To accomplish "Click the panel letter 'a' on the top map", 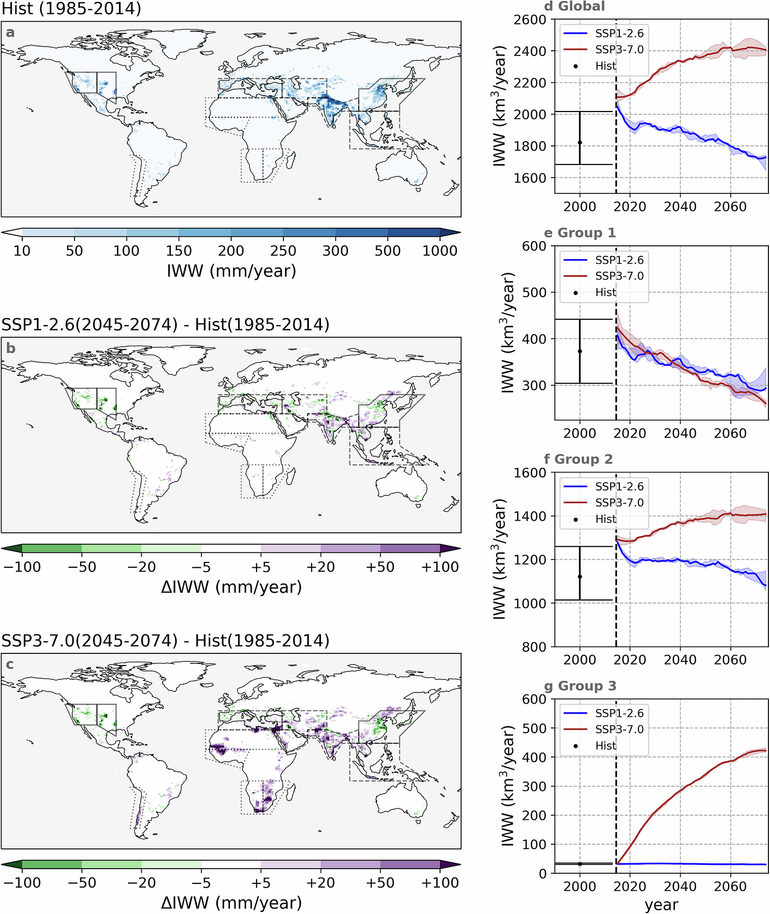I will tap(10, 33).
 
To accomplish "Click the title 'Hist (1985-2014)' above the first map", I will tap(71, 8).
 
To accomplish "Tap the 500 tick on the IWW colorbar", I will tap(387, 250).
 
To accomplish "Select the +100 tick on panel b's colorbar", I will tap(439, 567).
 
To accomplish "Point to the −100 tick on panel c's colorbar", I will tap(22, 882).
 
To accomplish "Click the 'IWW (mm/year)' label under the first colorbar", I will tap(231, 271).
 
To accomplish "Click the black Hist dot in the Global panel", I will tap(580, 142).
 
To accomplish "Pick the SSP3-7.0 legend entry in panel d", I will tap(619, 50).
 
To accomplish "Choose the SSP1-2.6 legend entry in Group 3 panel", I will tap(619, 713).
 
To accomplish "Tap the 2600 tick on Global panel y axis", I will tap(530, 20).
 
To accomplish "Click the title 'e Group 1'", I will tap(580, 233).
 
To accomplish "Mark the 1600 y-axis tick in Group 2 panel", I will tap(530, 473).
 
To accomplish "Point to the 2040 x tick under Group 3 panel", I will tap(680, 887).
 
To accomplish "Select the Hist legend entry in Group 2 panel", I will tap(606, 519).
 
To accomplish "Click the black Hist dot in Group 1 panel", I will tap(580, 351).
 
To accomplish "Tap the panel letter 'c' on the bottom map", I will tap(10, 664).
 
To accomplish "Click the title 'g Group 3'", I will tap(580, 686).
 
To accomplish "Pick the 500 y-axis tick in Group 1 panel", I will tap(534, 292).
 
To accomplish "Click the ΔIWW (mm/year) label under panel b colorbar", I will tap(231, 587).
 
